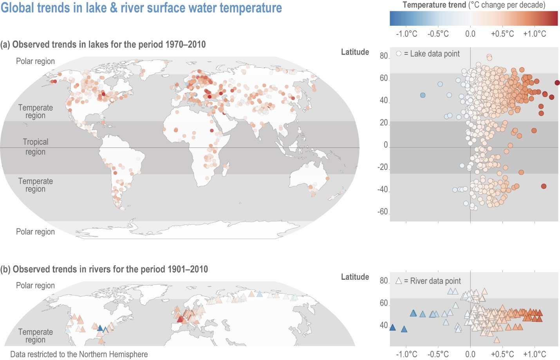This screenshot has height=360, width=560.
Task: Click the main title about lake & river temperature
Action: tap(141, 8)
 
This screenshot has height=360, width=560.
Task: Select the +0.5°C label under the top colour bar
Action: tap(502, 34)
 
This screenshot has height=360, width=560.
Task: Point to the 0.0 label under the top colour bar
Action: tap(470, 34)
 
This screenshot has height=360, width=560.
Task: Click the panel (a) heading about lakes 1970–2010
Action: tap(103, 44)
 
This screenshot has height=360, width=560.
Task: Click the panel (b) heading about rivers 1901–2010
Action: tap(104, 269)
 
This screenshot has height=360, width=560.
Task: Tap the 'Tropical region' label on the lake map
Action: tap(36, 147)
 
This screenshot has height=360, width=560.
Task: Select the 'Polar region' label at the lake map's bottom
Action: tap(35, 232)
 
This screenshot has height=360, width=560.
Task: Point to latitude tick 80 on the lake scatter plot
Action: tap(384, 56)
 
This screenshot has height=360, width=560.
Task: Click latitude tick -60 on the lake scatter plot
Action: tap(383, 212)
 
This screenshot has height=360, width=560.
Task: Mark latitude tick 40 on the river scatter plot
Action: tap(384, 325)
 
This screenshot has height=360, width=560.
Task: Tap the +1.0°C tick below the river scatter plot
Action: tap(535, 354)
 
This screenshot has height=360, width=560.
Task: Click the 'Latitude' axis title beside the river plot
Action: tap(355, 277)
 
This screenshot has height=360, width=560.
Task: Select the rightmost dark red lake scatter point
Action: tap(557, 83)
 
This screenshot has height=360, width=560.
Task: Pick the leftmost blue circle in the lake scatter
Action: tap(423, 95)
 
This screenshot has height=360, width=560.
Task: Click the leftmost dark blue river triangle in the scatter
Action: tap(392, 328)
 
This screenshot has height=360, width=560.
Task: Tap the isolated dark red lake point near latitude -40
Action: tap(544, 186)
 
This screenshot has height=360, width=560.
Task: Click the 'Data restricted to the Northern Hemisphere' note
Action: tap(79, 354)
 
